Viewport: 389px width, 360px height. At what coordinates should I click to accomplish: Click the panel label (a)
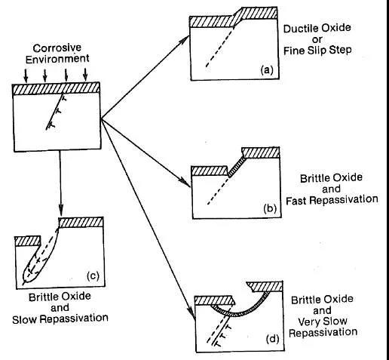click(267, 70)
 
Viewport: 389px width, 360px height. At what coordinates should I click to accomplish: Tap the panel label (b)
click(270, 208)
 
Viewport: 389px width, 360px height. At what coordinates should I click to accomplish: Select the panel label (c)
click(93, 276)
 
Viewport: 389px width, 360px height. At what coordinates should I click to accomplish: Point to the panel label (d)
click(273, 339)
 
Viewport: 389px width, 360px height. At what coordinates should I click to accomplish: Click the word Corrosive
click(57, 48)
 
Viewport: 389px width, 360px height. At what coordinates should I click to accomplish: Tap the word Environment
click(57, 59)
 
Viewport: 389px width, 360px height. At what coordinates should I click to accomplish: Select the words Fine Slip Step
click(317, 51)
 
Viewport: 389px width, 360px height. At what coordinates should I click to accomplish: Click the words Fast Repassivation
click(332, 200)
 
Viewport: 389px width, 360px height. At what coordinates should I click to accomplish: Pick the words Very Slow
click(323, 322)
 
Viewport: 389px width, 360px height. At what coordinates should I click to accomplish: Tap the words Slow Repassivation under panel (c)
click(60, 318)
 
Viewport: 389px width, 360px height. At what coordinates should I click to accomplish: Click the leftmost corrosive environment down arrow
click(26, 75)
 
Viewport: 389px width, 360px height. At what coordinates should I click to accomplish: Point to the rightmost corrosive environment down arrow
click(86, 75)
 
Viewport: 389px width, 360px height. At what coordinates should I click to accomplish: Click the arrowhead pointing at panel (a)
click(185, 40)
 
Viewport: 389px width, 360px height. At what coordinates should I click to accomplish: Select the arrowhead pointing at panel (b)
click(186, 183)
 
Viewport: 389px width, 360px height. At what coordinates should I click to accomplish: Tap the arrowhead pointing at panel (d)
click(193, 315)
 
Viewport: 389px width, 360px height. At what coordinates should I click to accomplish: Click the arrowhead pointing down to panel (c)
click(60, 211)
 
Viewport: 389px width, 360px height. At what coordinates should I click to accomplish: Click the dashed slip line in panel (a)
click(220, 47)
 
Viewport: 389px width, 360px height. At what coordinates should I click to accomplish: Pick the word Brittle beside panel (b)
click(314, 178)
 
